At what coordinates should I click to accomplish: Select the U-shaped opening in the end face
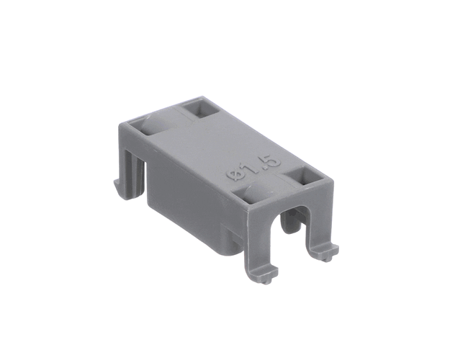tap(290, 227)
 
